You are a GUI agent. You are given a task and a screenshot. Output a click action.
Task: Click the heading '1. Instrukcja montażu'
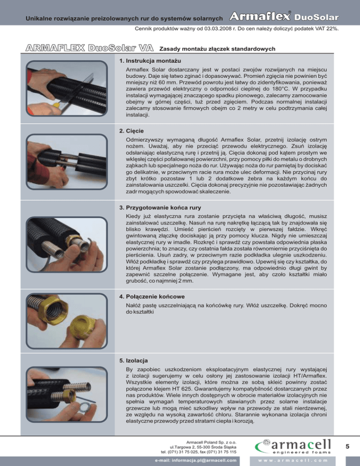pos(150,61)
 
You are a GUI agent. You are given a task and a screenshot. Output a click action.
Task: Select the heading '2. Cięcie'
pos(131,131)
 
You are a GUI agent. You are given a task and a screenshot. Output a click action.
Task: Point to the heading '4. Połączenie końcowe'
pos(152,297)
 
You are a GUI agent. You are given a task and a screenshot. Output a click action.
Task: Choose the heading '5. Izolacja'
pos(134,361)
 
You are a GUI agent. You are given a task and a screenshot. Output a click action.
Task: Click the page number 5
pos(347,446)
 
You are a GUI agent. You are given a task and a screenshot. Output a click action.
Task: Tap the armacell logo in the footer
pos(293,446)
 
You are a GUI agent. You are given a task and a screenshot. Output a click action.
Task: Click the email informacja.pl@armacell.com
pos(195,461)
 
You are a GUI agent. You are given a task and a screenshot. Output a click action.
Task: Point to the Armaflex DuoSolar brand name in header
pos(284,16)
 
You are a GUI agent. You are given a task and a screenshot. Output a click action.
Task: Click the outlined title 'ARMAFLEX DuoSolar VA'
pos(90,48)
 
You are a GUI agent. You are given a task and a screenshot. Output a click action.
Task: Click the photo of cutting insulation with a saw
pos(67,88)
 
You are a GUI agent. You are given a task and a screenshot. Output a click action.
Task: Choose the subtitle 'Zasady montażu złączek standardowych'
pos(217,49)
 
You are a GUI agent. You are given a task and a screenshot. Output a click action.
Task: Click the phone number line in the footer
pos(199,452)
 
